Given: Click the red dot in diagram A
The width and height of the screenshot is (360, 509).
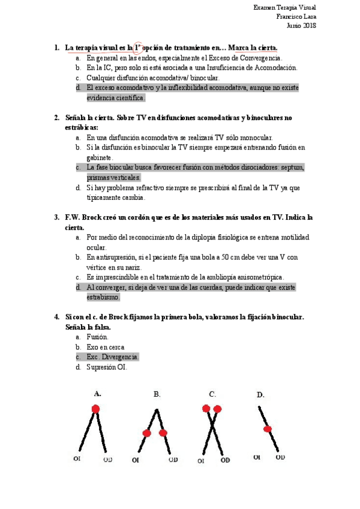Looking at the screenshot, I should click(95, 409).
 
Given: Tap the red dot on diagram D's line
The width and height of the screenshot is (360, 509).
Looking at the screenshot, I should click(268, 429).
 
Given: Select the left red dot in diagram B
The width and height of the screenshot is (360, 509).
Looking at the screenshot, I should click(146, 433).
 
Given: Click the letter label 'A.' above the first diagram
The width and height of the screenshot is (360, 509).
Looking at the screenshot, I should click(97, 393).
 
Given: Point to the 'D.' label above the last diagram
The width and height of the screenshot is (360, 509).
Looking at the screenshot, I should click(260, 394).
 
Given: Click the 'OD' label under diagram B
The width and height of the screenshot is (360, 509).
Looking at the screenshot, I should click(173, 460).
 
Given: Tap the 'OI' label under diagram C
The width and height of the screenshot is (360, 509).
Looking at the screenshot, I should click(202, 460).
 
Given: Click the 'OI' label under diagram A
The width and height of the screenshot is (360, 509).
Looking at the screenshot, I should click(77, 459).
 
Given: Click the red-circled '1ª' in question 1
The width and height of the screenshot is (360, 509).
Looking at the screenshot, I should click(138, 47).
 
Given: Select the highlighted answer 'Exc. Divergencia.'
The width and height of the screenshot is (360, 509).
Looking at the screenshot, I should click(112, 357).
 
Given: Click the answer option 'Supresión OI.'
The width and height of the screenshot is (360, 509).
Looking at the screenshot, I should click(106, 367).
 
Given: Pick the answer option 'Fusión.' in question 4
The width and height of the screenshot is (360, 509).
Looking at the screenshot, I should click(97, 337).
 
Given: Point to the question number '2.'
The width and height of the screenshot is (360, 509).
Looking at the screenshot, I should click(56, 118).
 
